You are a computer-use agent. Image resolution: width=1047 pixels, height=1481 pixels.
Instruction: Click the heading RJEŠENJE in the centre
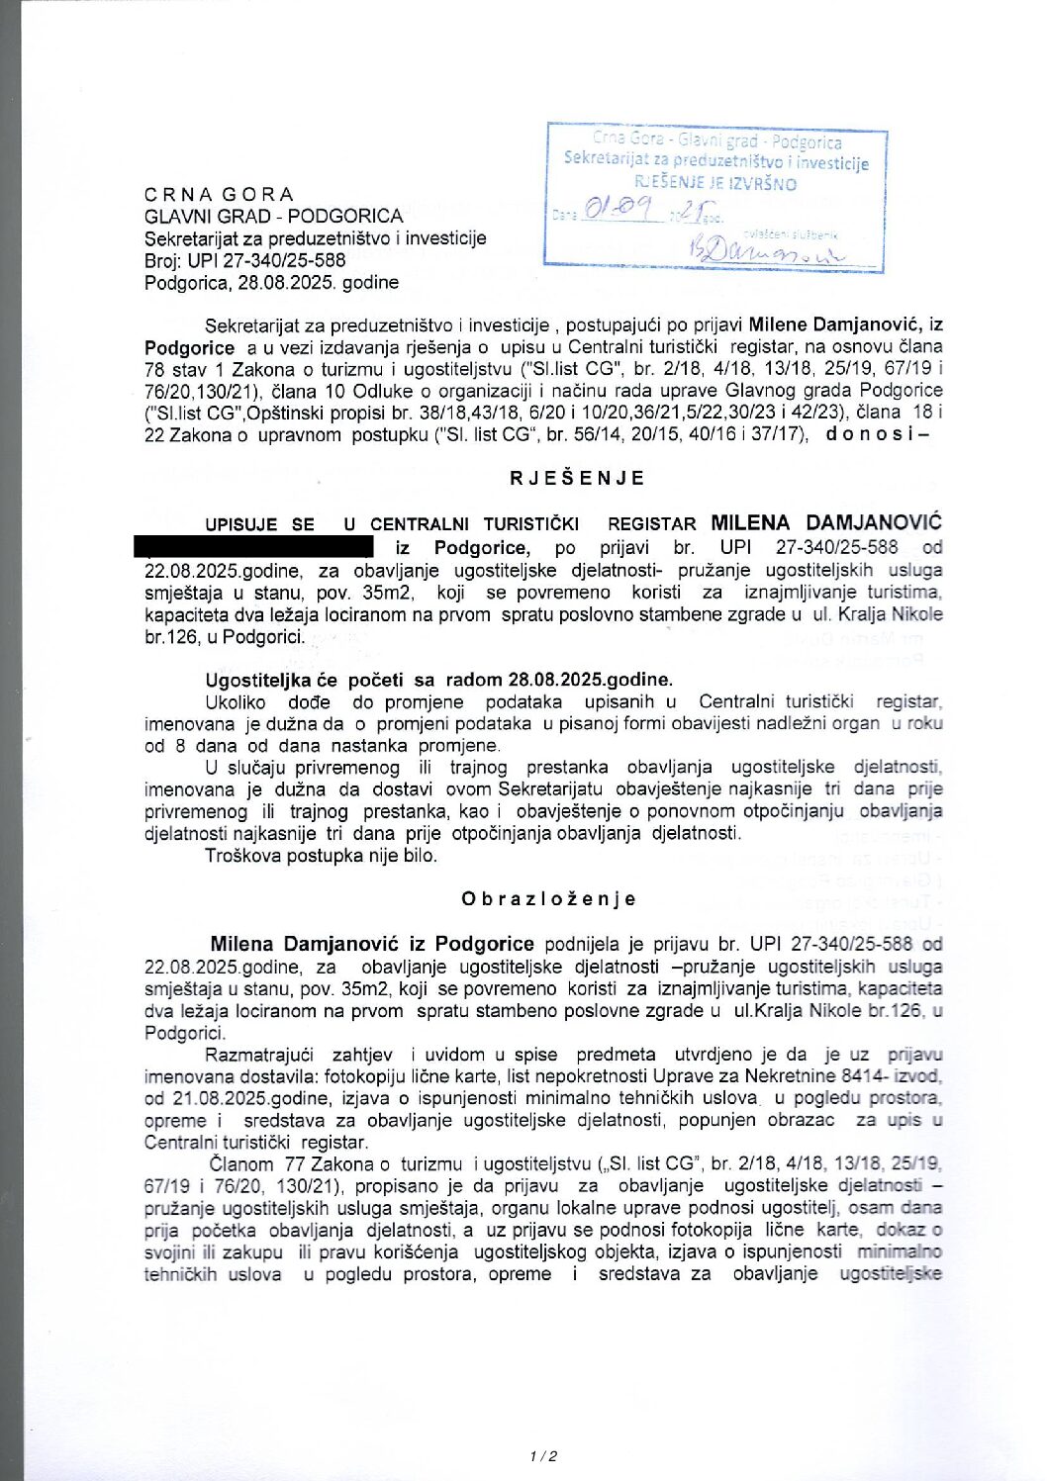tap(577, 478)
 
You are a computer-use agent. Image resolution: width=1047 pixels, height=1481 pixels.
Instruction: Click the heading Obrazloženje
tap(548, 899)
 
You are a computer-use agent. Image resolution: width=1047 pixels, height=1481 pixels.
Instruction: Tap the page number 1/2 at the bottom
tap(543, 1456)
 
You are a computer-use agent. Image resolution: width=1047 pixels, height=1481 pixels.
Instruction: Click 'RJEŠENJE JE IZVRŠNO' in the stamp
tap(715, 183)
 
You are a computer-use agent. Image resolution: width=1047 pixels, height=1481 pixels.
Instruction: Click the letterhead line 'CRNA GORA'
tap(219, 194)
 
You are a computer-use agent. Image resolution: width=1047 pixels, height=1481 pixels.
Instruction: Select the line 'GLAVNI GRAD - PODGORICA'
tap(273, 216)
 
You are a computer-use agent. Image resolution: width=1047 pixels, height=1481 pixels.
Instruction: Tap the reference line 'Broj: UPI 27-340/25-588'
tap(244, 260)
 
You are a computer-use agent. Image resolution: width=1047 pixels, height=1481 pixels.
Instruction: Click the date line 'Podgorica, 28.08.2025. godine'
tap(271, 283)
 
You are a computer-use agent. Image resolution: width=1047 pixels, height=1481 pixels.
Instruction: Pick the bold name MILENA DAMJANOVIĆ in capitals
tap(826, 522)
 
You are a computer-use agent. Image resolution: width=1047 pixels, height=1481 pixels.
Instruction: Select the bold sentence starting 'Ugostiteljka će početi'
tap(438, 680)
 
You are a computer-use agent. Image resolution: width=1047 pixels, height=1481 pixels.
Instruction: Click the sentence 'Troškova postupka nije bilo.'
tap(321, 856)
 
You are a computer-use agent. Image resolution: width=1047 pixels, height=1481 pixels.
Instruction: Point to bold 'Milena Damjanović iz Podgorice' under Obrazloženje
tap(372, 944)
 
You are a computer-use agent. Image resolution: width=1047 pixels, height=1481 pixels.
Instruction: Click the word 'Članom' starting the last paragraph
tap(240, 1164)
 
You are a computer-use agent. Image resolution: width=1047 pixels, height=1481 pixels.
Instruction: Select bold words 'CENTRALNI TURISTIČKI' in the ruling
tap(474, 524)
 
